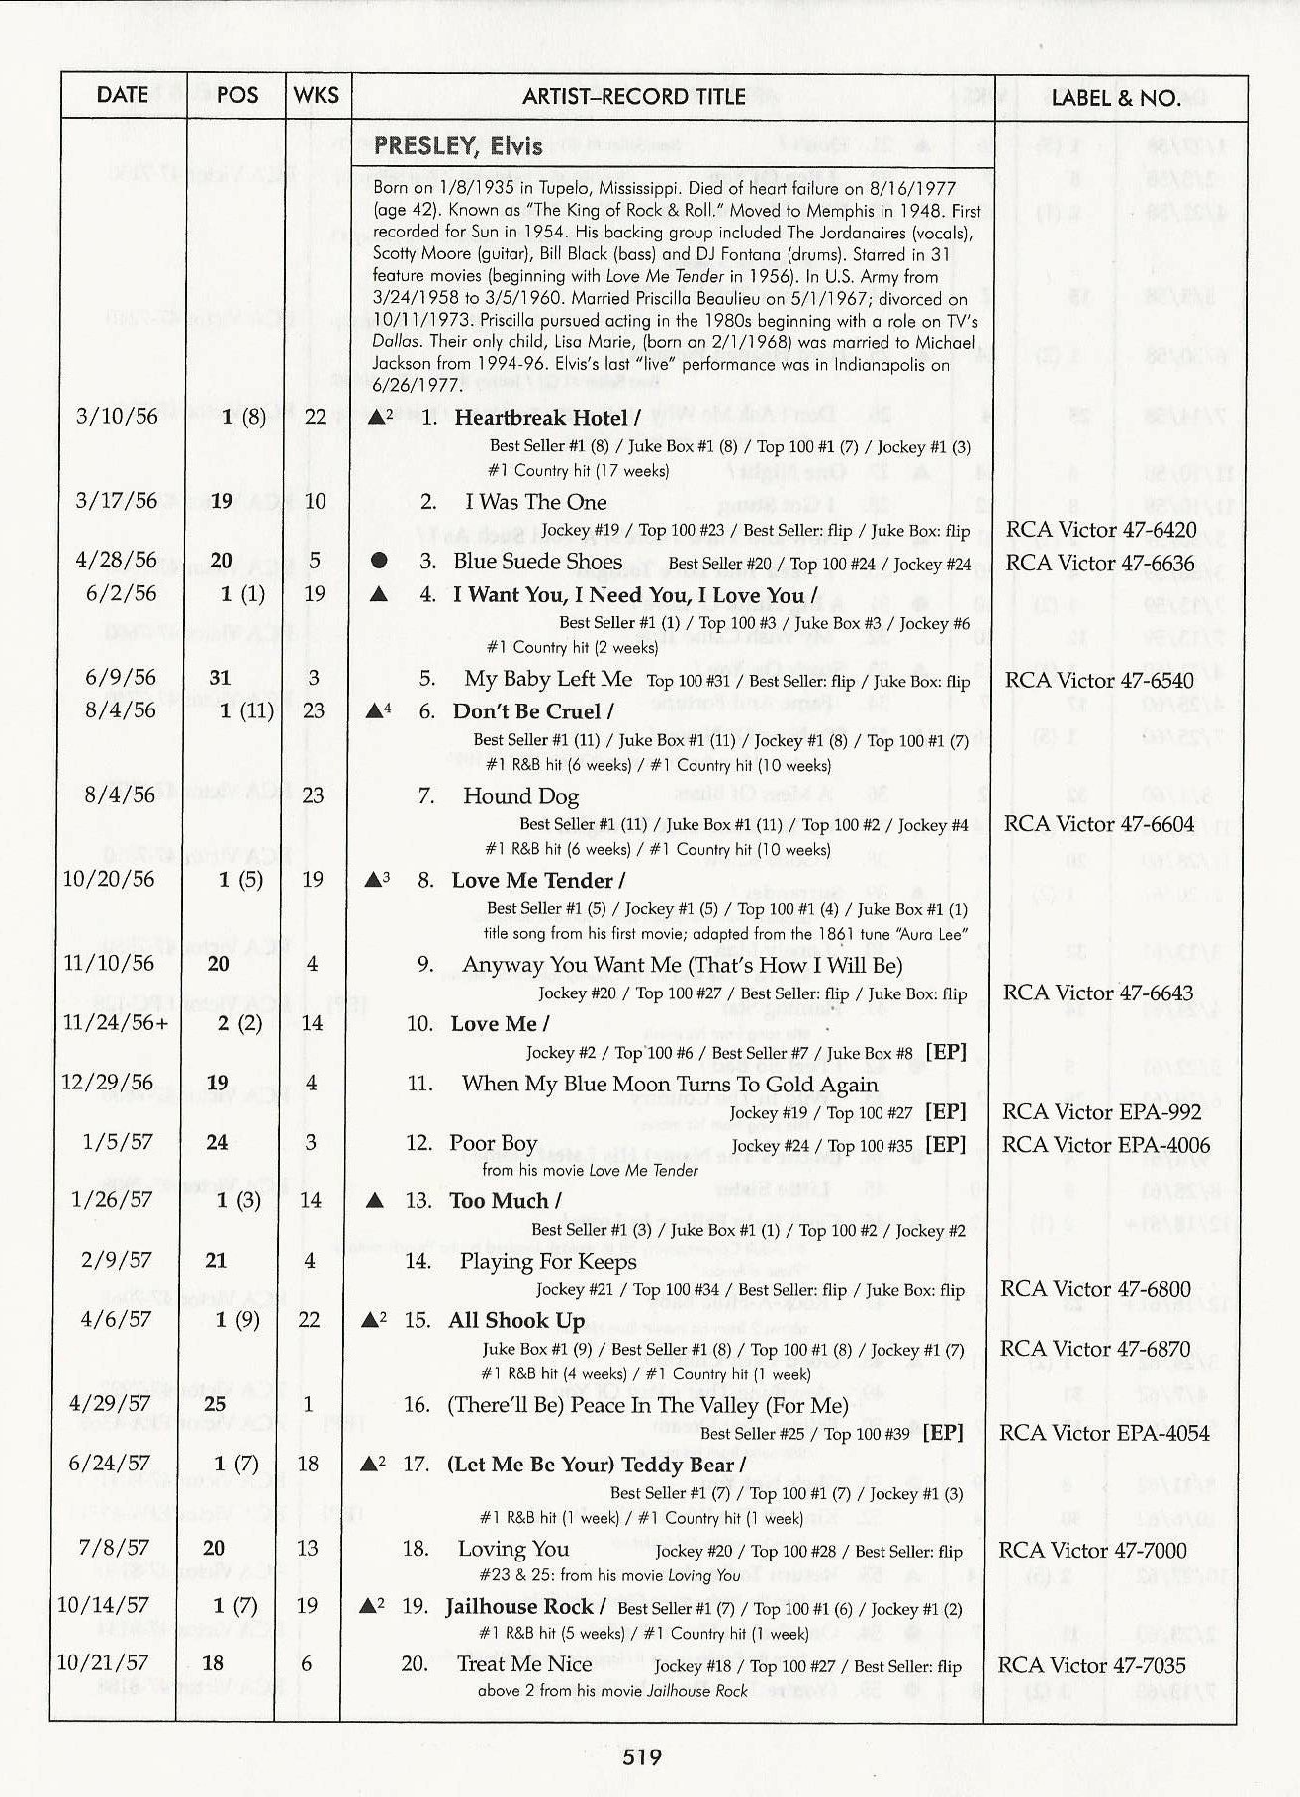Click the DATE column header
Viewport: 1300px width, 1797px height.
click(x=123, y=95)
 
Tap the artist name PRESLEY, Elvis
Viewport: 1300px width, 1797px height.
click(x=458, y=146)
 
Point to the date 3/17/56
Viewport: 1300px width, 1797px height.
click(x=117, y=501)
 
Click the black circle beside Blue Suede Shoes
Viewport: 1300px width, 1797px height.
click(x=378, y=561)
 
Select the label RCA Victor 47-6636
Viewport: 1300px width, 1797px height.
click(x=1100, y=563)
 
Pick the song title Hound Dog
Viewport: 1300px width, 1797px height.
click(x=520, y=796)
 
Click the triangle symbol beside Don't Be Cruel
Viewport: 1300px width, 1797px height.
click(x=375, y=710)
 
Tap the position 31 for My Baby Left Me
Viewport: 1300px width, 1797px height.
click(x=220, y=678)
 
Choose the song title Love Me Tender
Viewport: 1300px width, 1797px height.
click(x=532, y=881)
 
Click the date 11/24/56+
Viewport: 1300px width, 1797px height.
click(x=116, y=1022)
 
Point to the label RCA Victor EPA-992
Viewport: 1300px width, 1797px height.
click(x=1101, y=1111)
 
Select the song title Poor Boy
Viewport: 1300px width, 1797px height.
click(x=493, y=1144)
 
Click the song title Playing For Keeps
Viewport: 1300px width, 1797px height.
click(x=548, y=1261)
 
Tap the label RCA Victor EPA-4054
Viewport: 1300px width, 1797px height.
click(x=1104, y=1433)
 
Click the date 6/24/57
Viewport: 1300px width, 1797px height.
click(x=110, y=1464)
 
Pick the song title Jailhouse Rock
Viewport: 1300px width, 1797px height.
click(x=518, y=1607)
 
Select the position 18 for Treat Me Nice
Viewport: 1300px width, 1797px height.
click(x=213, y=1663)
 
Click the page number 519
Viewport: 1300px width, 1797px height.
click(x=642, y=1757)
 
